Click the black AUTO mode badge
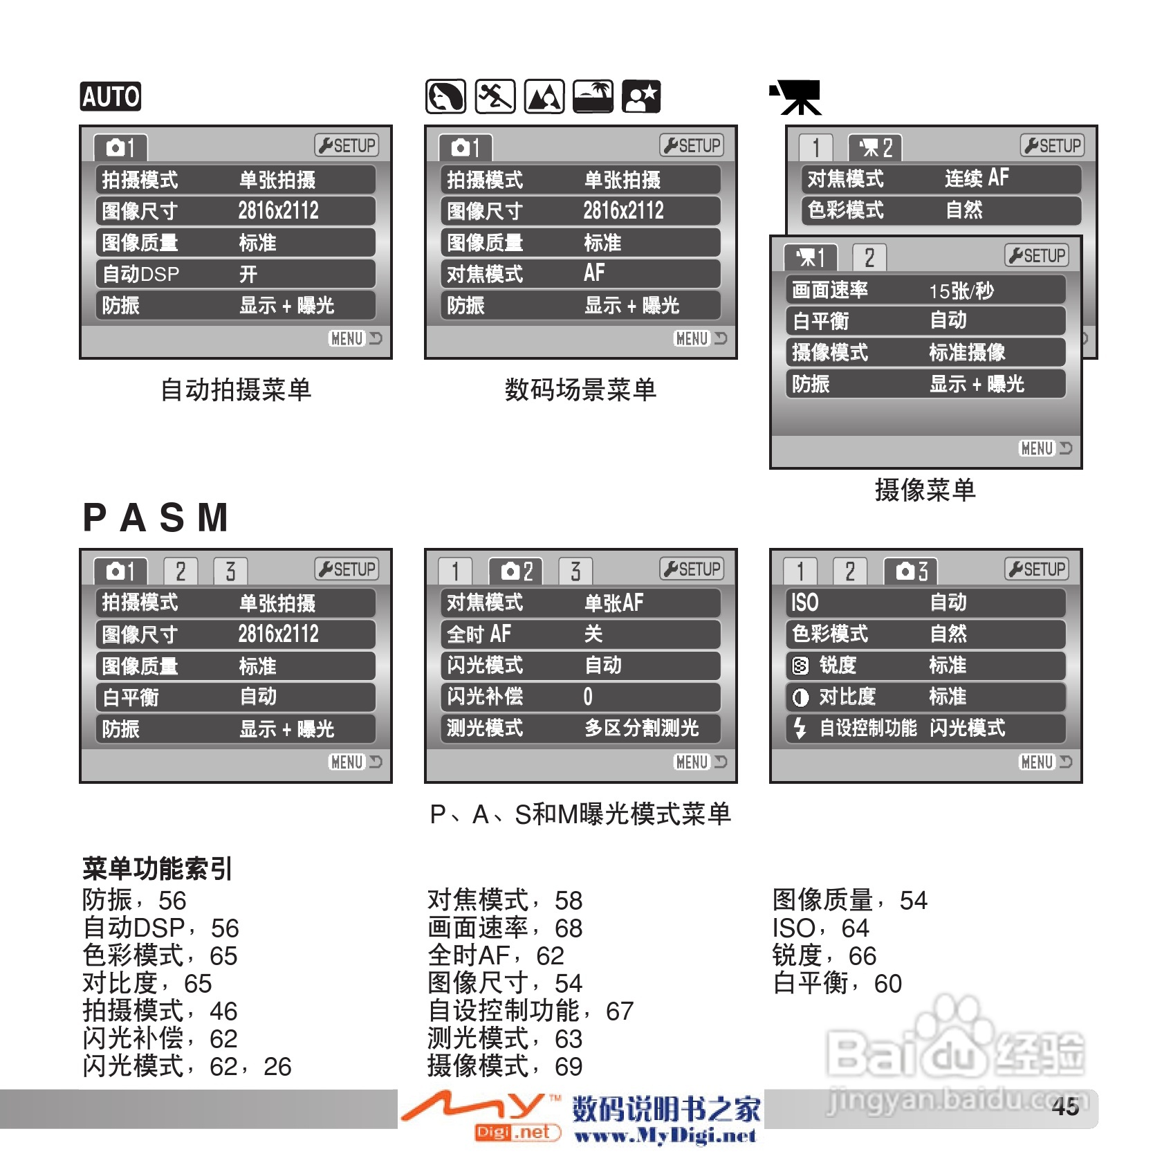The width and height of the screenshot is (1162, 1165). (x=111, y=96)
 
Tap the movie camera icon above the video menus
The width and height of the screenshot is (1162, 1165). (x=797, y=98)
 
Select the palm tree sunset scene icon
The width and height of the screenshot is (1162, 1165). (x=593, y=96)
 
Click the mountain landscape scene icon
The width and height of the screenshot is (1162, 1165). (x=544, y=96)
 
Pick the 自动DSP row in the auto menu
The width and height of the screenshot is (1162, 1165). (x=235, y=274)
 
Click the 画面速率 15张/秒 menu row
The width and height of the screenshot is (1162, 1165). (x=925, y=290)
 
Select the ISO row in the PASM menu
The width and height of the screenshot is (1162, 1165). (x=925, y=603)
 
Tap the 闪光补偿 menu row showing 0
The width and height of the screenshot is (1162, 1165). (x=580, y=697)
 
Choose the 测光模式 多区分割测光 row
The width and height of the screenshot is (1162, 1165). (x=580, y=728)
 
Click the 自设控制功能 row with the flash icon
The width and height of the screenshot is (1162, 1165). (x=925, y=728)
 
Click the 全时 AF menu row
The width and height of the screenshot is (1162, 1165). (x=580, y=634)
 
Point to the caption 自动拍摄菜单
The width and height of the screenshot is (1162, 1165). (x=236, y=390)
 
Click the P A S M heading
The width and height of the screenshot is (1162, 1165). (x=156, y=517)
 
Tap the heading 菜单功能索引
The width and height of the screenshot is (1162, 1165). (x=157, y=869)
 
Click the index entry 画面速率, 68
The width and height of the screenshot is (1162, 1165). (x=505, y=928)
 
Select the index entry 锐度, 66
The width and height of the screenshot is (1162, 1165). (x=824, y=956)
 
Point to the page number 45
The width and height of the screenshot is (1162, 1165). (x=1065, y=1107)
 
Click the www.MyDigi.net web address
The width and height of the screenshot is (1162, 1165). (x=665, y=1136)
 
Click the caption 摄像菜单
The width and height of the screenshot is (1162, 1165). (x=925, y=490)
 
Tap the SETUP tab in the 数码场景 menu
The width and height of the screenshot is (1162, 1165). (x=692, y=145)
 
